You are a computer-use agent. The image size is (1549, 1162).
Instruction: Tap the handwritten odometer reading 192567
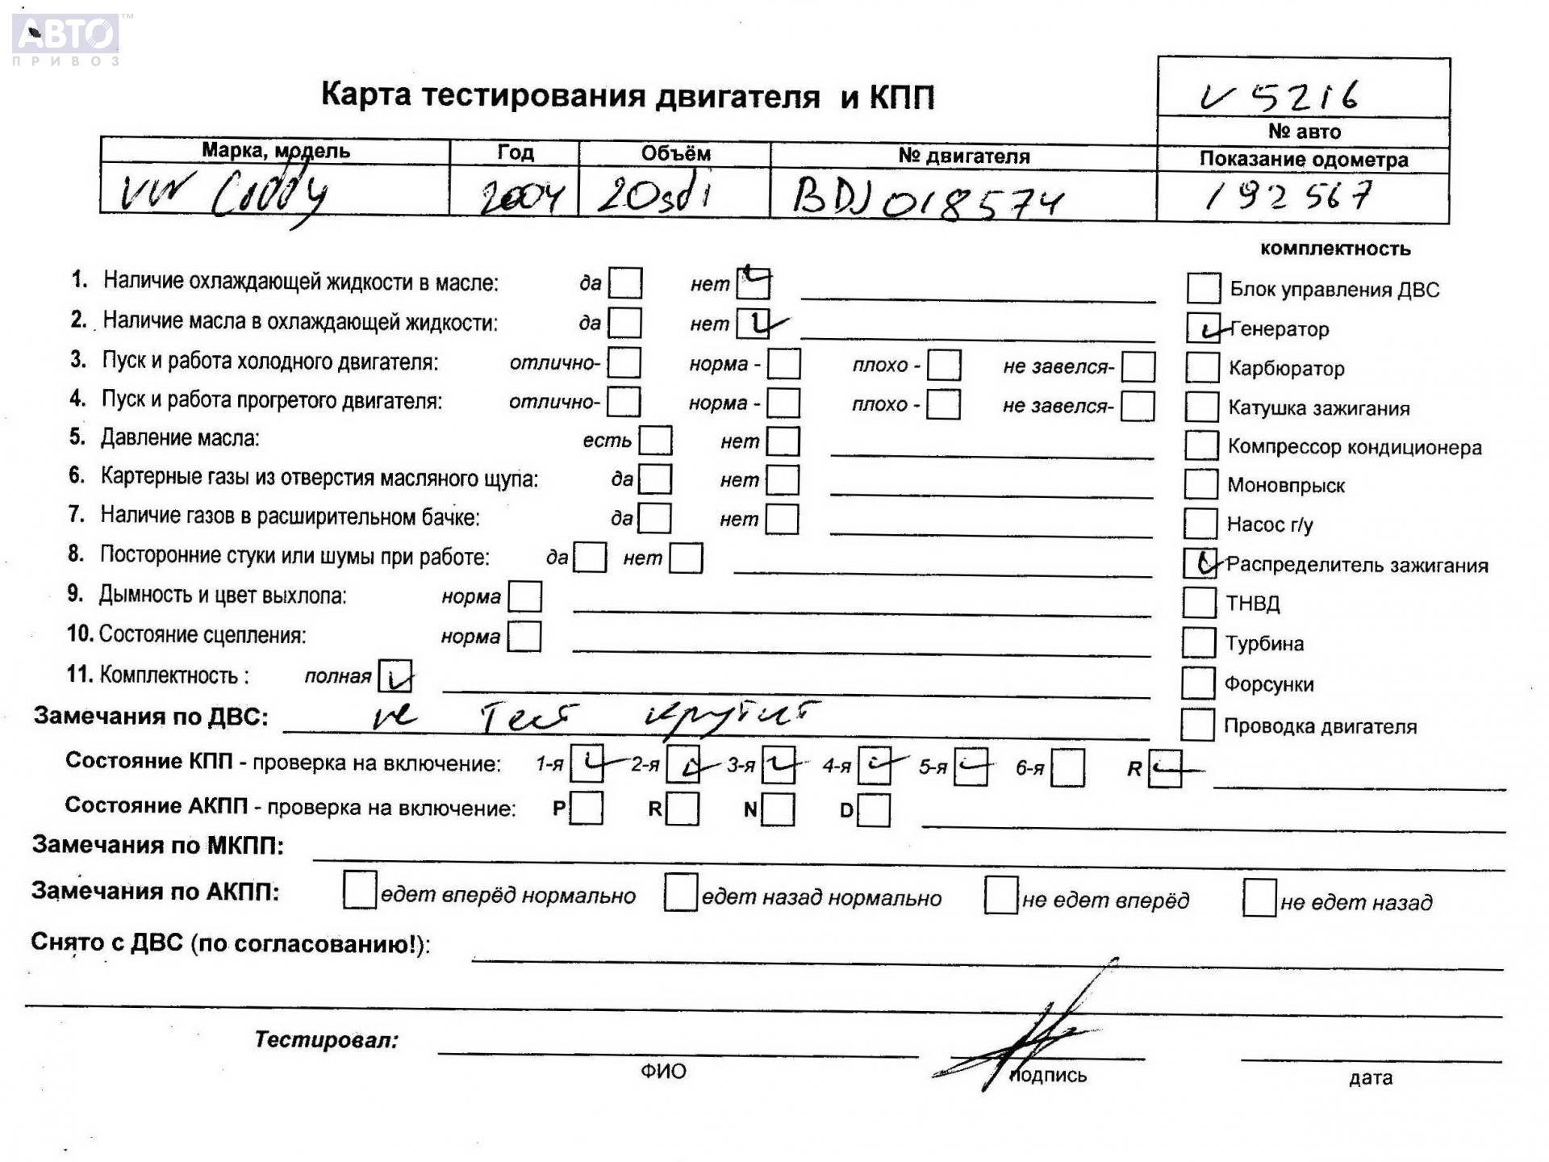[1289, 196]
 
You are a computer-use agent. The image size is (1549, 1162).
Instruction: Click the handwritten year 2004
[520, 196]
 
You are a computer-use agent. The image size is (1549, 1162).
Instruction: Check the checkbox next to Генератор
[1203, 328]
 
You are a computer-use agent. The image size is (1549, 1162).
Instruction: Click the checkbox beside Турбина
[1198, 642]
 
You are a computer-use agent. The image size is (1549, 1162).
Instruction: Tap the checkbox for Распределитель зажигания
[1200, 562]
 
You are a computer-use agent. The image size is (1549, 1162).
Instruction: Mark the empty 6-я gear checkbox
[1068, 767]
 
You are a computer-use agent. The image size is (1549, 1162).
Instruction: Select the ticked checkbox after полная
[395, 676]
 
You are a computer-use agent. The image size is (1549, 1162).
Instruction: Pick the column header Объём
[675, 153]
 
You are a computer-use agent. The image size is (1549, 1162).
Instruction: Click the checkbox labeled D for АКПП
[874, 809]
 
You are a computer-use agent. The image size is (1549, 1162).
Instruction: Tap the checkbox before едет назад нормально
[681, 892]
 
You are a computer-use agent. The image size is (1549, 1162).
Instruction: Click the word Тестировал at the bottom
[327, 1039]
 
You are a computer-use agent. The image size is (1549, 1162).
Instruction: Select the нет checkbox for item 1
[754, 283]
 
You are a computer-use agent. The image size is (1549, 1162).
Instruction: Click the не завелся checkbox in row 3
[1138, 366]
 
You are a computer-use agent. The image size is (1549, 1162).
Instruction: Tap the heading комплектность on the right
[1334, 249]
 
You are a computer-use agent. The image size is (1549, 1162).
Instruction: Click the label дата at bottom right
[1370, 1077]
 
